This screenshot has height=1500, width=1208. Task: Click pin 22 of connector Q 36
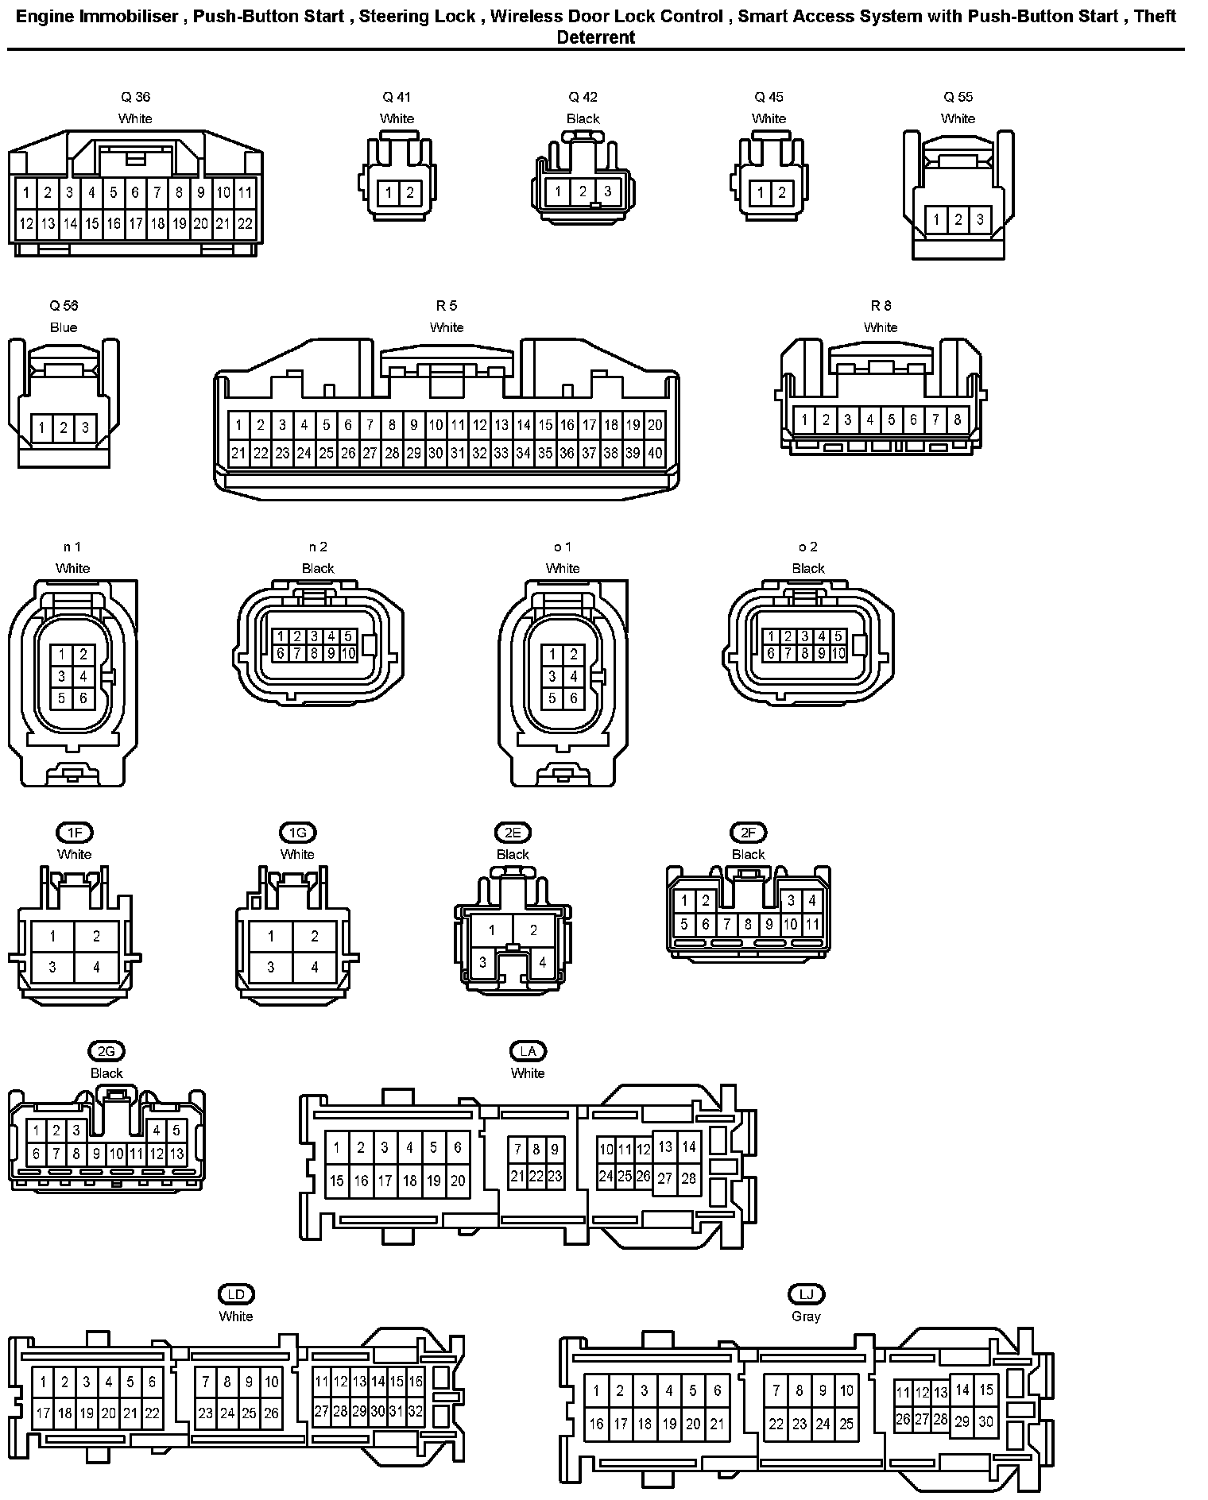pos(245,223)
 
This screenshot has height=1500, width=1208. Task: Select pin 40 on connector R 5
pos(655,454)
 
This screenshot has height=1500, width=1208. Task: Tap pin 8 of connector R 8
pos(957,419)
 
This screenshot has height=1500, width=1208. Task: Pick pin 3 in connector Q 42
pos(607,191)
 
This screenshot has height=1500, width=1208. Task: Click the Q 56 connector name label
pos(64,306)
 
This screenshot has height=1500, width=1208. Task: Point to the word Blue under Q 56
pos(64,327)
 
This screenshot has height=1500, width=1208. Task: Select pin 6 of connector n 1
pos(83,698)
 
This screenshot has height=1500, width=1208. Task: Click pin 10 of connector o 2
pos(838,653)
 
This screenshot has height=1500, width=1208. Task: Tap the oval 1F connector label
pos(75,833)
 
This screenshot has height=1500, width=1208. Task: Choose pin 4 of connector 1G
pos(315,967)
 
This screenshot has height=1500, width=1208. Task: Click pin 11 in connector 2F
pos(811,925)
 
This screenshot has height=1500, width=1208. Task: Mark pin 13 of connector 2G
pos(176,1154)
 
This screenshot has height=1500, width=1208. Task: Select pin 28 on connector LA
pos(688,1177)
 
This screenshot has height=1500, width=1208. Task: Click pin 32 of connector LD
pos(415,1411)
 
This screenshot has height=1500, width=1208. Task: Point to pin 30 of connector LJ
pos(985,1421)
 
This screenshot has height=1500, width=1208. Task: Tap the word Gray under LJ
pos(806,1316)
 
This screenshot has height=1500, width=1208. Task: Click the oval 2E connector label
pos(513,833)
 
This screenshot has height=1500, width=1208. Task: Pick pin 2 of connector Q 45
pos(781,192)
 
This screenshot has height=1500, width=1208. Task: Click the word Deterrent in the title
pos(596,37)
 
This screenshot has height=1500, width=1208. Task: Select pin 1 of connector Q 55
pos(937,220)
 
